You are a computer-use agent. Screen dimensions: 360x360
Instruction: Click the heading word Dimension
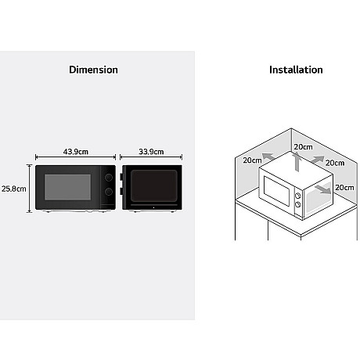(x=93, y=70)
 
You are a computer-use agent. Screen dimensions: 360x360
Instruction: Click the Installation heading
(x=296, y=70)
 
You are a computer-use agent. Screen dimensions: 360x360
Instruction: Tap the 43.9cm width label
(x=76, y=152)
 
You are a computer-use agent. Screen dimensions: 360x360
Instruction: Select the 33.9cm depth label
(x=151, y=152)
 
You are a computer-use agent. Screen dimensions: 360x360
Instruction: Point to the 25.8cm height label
(x=14, y=189)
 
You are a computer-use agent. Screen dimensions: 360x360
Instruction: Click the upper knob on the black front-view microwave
(x=109, y=178)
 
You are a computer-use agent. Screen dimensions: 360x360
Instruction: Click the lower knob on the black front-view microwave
(x=109, y=192)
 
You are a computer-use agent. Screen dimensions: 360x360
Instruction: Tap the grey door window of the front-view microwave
(x=68, y=187)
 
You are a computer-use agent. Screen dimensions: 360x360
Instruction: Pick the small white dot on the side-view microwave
(x=153, y=207)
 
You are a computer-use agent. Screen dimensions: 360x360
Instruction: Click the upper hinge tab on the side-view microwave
(x=121, y=177)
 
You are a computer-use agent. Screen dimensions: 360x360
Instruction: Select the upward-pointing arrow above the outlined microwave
(x=297, y=162)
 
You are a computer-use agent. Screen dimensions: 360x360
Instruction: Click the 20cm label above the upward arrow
(x=303, y=147)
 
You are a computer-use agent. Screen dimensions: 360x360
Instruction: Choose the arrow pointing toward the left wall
(x=268, y=157)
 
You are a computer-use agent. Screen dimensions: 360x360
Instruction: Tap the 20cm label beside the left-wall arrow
(x=252, y=160)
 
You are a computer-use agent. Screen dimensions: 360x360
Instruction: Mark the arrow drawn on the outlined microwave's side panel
(x=323, y=189)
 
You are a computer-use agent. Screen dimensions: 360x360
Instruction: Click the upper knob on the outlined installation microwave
(x=297, y=196)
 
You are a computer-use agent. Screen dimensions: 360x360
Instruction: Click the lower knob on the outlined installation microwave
(x=297, y=204)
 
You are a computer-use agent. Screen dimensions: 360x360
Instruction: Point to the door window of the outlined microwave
(x=277, y=190)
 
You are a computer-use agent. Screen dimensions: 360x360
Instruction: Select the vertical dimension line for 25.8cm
(x=30, y=189)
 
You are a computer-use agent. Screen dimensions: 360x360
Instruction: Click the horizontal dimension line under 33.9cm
(x=151, y=157)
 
